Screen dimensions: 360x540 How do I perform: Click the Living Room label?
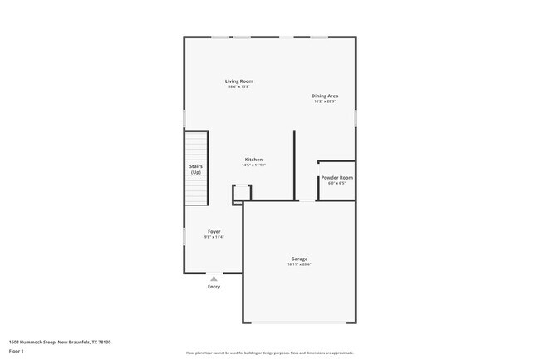click(239, 81)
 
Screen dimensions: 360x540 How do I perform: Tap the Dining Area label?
click(325, 96)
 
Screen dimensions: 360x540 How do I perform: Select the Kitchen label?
click(253, 159)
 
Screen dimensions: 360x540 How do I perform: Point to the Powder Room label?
click(336, 177)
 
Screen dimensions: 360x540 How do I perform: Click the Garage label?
click(299, 259)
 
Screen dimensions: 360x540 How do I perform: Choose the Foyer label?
click(214, 231)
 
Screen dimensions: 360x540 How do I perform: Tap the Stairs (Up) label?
click(196, 169)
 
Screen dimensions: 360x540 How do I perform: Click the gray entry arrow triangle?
click(214, 279)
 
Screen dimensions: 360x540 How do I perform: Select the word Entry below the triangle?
click(214, 288)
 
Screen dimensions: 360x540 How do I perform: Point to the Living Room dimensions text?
click(239, 87)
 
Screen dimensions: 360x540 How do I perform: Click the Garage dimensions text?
click(299, 265)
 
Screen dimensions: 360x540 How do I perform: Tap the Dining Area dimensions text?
click(325, 102)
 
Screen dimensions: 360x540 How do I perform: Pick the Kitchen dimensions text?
click(253, 165)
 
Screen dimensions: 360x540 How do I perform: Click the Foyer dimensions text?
click(214, 238)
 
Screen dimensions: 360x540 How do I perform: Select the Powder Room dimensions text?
click(336, 184)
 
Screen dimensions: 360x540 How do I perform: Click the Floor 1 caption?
click(17, 351)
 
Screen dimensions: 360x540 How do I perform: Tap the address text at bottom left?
click(60, 342)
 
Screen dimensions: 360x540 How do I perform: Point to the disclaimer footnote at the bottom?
click(269, 353)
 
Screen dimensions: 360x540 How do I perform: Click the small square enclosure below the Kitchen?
click(241, 193)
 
